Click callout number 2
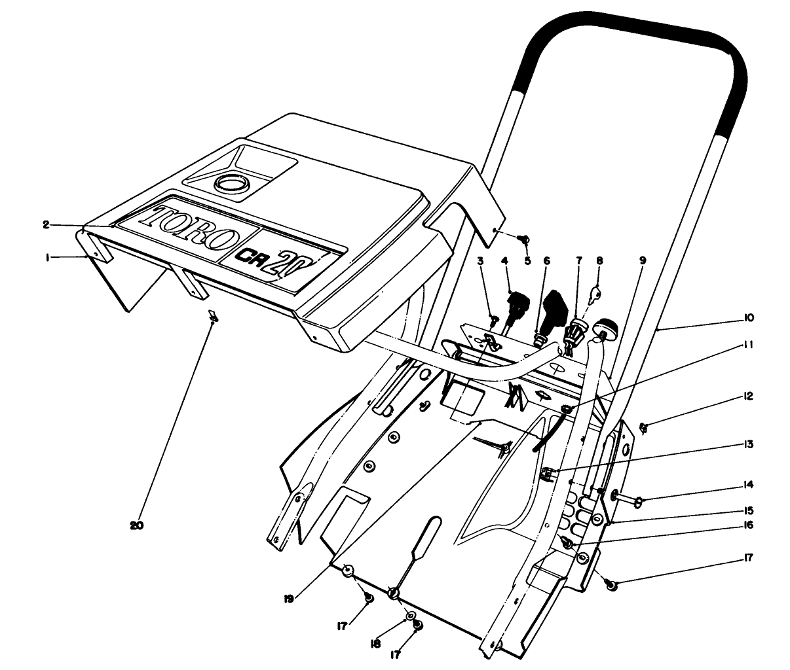47,224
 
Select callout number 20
137,525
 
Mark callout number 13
749,444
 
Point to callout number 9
643,260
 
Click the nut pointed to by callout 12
643,428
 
